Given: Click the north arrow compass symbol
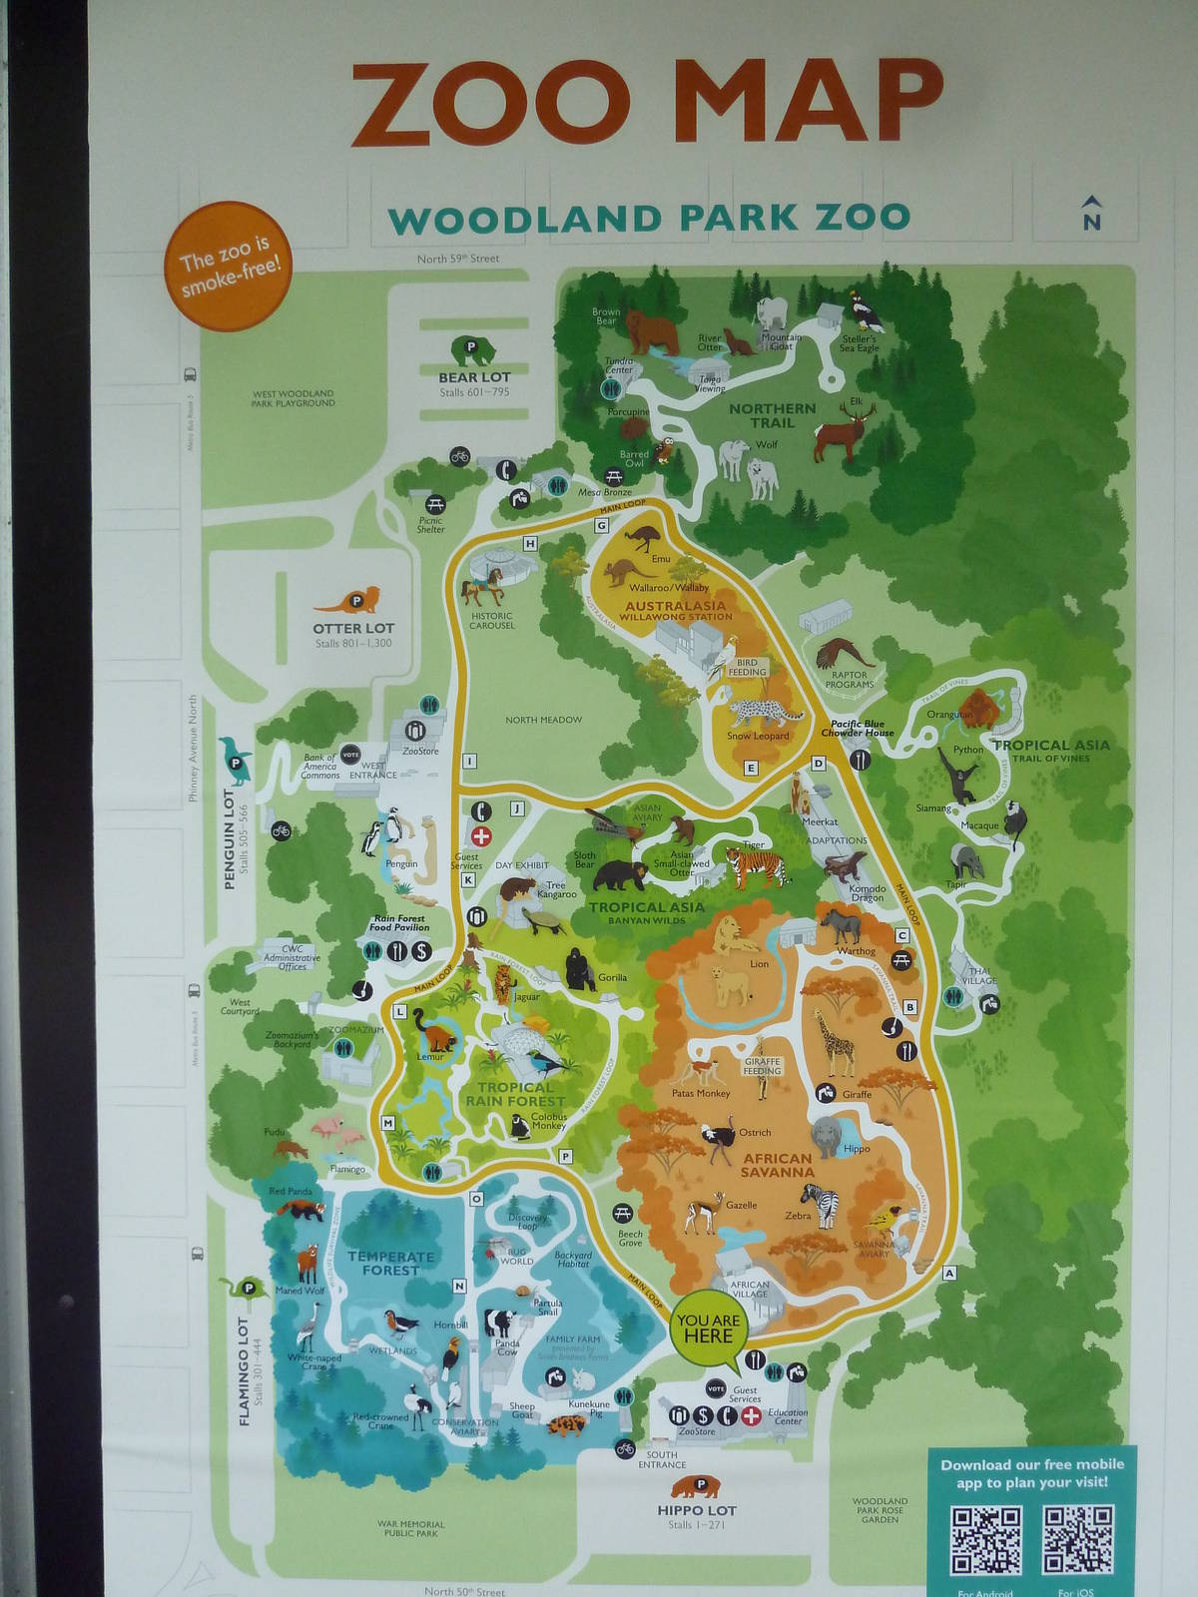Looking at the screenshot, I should (1091, 213).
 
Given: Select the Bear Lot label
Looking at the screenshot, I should (474, 377).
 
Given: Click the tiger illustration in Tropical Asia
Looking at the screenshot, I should (756, 864).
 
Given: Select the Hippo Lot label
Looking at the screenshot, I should (696, 1511).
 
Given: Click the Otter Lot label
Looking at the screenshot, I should (353, 628).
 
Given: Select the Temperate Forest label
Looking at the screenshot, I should (390, 1263).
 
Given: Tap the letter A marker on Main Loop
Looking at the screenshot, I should (948, 1273).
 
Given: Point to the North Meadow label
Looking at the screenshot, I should (543, 720).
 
